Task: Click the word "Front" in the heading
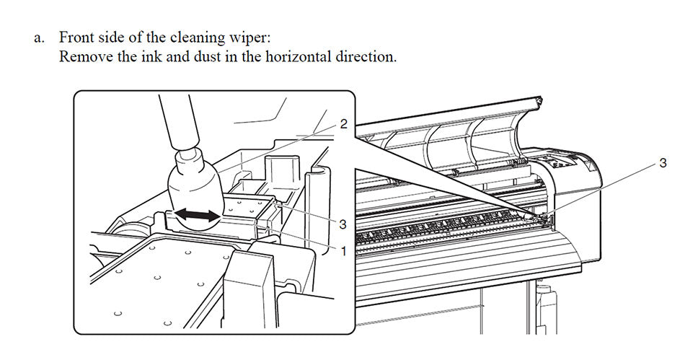(x=77, y=38)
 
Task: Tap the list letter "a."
(x=40, y=38)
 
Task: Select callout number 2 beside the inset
(x=343, y=124)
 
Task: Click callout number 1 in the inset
(x=343, y=251)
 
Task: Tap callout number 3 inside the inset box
(x=343, y=224)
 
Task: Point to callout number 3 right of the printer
(x=663, y=164)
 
